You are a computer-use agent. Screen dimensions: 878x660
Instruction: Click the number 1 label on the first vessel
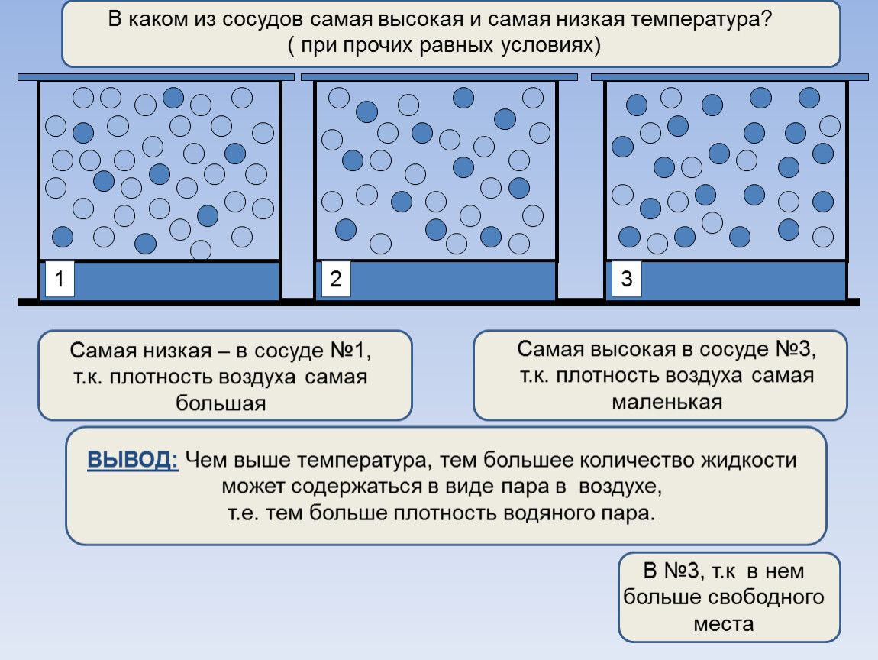59,278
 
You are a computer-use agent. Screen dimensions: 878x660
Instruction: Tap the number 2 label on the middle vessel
336,278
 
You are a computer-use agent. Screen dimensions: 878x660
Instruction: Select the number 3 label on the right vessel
627,278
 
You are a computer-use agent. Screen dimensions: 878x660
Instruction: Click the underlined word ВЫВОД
133,460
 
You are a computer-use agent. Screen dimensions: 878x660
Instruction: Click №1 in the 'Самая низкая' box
350,351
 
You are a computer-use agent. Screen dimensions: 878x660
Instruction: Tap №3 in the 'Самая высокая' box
795,349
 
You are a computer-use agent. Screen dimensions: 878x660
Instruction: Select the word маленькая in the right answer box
667,403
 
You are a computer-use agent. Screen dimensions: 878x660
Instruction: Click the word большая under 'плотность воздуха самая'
221,403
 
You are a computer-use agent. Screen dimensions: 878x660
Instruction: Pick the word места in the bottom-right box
724,623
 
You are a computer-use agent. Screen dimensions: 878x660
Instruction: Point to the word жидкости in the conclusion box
749,460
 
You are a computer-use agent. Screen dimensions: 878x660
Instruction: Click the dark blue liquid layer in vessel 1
160,280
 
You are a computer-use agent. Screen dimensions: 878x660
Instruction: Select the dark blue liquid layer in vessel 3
726,280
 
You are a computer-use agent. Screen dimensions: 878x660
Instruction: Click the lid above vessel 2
439,77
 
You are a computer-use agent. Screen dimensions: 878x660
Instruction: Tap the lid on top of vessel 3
730,77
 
